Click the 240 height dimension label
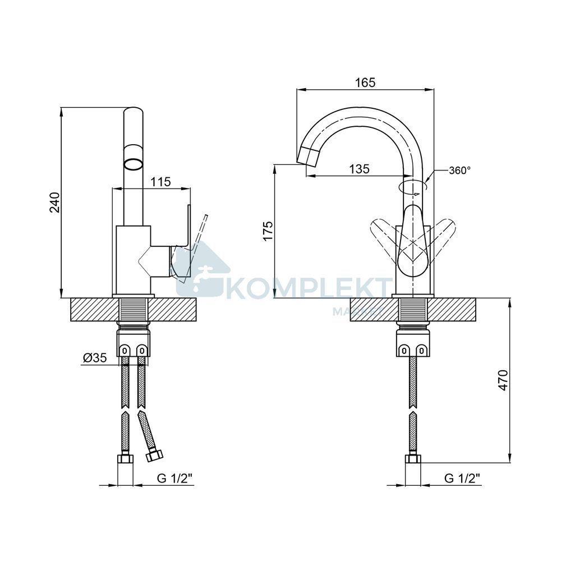coord(55,203)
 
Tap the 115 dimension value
coord(160,182)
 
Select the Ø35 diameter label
coord(95,357)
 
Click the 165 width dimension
coord(365,82)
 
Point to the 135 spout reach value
coord(359,169)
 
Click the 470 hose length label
coord(503,380)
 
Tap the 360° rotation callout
coord(460,171)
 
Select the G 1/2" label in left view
coord(175,478)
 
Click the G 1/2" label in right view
coord(462,478)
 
